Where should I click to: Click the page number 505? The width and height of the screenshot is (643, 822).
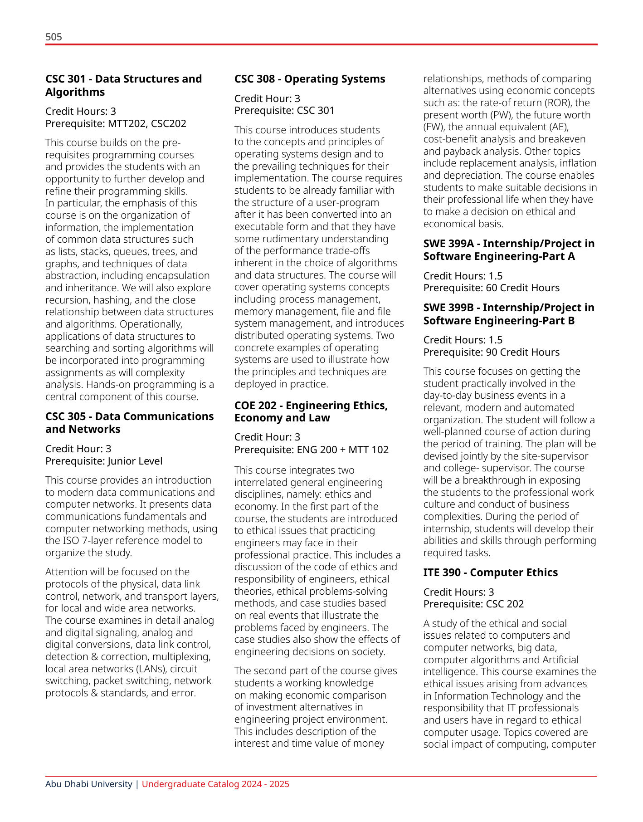coord(54,37)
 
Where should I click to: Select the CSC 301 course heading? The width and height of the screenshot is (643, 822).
coord(123,85)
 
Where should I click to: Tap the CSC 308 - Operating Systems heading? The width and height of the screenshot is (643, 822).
coord(310,79)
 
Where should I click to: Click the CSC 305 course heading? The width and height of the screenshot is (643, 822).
coord(129,423)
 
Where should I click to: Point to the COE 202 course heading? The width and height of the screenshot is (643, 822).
coord(311,411)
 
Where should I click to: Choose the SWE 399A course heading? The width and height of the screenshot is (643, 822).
coord(509,250)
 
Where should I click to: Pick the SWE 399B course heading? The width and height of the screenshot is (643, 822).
coord(509,314)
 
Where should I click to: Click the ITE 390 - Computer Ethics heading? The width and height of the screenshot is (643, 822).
coord(490,572)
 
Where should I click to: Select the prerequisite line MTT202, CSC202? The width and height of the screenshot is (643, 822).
coord(116,123)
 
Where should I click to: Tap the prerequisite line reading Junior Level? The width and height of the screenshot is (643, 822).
coord(104,461)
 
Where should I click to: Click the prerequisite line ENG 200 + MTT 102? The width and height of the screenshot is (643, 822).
coord(311,450)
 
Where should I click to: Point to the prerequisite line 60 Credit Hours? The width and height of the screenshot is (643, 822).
coord(491,288)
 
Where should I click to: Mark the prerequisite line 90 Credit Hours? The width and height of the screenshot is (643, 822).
coord(491,352)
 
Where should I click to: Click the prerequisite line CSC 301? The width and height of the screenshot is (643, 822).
coord(284,110)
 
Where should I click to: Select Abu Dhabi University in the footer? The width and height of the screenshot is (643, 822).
coord(88,784)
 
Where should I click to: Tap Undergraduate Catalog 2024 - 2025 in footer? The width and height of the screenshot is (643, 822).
coord(215,784)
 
